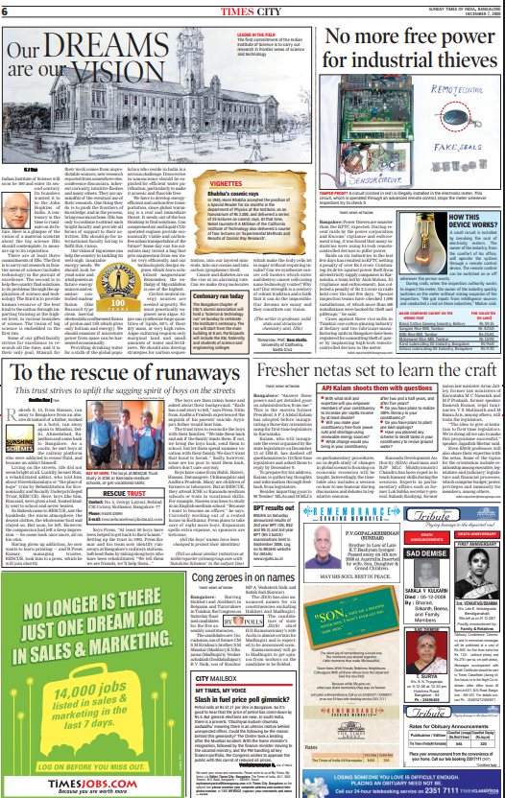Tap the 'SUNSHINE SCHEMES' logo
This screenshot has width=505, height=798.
point(19,415)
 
